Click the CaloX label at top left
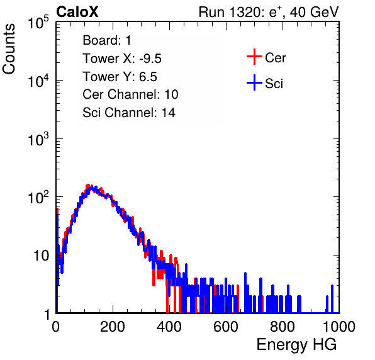point(77,12)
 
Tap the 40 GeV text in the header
point(314,12)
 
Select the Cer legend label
point(275,58)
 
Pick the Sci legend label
point(274,84)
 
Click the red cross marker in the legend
point(254,57)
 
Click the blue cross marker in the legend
point(254,82)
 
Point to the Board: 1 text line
point(107,40)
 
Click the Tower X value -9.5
point(150,59)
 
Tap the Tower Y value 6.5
point(148,77)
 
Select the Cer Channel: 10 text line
point(130,94)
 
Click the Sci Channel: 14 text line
point(129,113)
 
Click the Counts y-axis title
point(9,49)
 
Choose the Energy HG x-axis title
point(296,345)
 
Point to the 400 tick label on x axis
point(169,327)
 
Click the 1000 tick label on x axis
point(339,327)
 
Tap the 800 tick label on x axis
point(283,327)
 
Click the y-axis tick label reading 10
point(41,256)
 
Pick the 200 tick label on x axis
point(113,327)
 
